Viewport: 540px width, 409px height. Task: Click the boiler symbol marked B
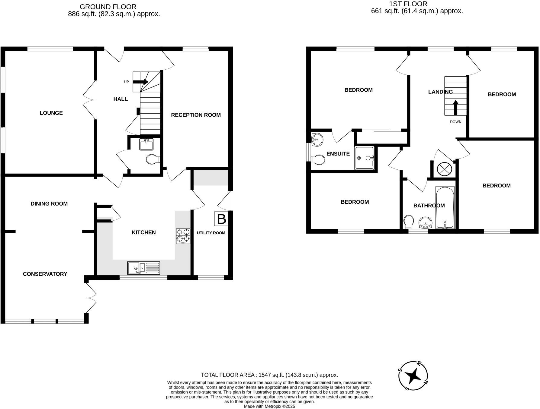221,219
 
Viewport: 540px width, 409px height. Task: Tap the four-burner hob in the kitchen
183,236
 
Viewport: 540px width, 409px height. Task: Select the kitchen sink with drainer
143,268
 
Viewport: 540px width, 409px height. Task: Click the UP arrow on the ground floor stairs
140,82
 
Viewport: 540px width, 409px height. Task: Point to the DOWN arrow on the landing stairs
455,108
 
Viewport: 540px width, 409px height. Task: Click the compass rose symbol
413,376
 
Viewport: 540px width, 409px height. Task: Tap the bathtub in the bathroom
445,208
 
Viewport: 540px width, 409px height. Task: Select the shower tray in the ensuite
365,158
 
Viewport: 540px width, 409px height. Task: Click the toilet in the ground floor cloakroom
153,159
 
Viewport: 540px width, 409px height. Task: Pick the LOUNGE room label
51,113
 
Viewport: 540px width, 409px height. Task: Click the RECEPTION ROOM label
196,115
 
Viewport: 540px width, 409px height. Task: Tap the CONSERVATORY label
45,274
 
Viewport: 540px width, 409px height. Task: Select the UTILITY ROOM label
211,233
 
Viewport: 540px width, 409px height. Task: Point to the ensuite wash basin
317,140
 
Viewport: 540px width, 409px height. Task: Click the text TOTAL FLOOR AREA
228,375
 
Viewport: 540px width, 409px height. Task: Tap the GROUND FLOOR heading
108,7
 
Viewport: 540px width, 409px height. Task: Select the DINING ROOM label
49,204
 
